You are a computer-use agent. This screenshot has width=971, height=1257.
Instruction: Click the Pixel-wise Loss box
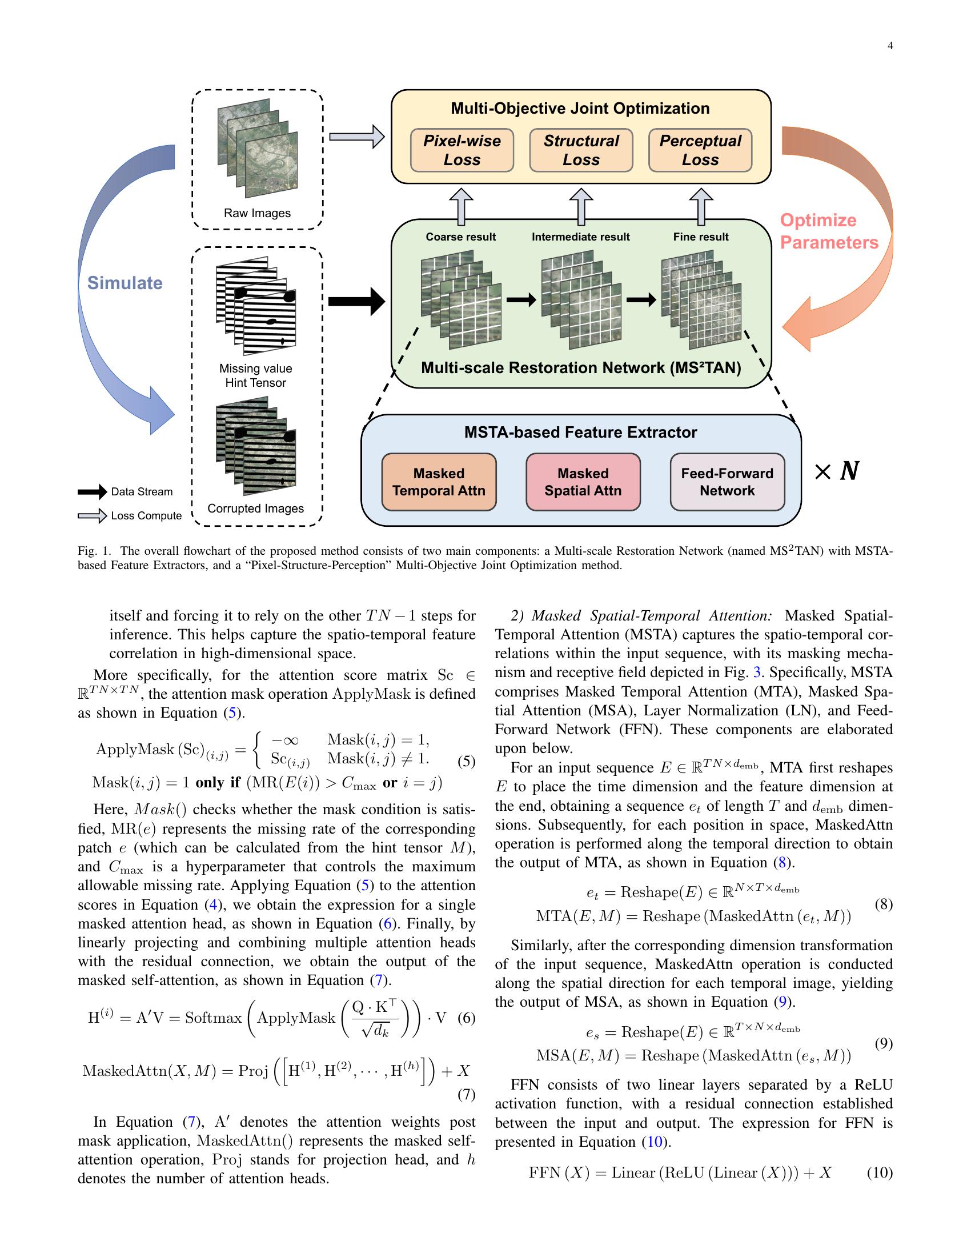click(x=462, y=150)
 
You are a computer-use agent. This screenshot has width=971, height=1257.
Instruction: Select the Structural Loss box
click(x=581, y=150)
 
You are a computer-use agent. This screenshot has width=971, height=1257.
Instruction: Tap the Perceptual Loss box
click(x=700, y=150)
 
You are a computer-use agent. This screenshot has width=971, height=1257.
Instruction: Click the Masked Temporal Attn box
click(x=439, y=482)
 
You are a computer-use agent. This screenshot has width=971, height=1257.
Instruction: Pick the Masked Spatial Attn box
click(x=583, y=482)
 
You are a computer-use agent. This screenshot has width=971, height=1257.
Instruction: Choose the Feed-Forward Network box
click(x=727, y=482)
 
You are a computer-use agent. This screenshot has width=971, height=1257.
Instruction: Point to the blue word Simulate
click(x=125, y=283)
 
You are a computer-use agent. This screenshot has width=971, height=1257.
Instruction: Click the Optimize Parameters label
click(x=828, y=231)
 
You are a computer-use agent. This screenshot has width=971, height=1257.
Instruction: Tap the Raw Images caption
click(x=257, y=213)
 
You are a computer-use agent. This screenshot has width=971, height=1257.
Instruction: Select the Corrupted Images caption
click(x=255, y=508)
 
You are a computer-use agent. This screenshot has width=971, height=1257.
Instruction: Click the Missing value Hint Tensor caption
click(x=255, y=375)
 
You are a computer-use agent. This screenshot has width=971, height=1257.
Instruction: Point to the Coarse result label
click(x=460, y=237)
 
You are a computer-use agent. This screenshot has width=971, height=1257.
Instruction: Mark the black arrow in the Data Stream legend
click(x=92, y=491)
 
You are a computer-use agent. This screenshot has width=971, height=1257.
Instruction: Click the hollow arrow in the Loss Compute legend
click(x=92, y=516)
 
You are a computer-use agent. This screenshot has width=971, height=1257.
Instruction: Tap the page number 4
click(x=890, y=46)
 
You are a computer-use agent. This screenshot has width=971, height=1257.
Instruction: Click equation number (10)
click(x=879, y=1172)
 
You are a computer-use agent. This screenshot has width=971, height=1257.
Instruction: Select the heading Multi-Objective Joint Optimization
click(x=580, y=109)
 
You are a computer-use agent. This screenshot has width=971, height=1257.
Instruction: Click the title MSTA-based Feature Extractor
click(x=580, y=433)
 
